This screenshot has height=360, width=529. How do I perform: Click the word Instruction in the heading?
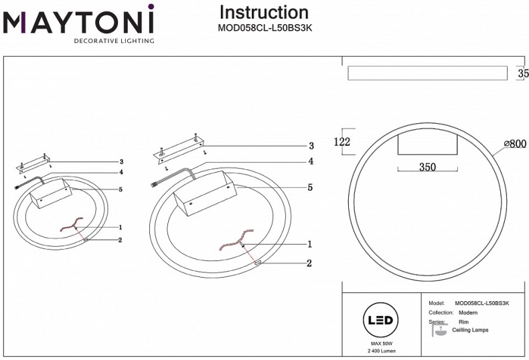tap(264, 12)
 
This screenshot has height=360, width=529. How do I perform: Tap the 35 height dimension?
tap(523, 74)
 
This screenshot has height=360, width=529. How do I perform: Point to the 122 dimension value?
tap(342, 141)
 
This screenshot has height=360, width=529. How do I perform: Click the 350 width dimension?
tap(428, 167)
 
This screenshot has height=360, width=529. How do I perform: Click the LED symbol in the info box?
tap(380, 321)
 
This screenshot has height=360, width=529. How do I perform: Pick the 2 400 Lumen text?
tap(380, 351)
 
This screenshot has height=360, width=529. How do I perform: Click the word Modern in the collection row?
tap(468, 312)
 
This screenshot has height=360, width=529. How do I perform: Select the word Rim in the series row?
tap(463, 322)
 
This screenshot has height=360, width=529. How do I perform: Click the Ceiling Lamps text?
tap(470, 330)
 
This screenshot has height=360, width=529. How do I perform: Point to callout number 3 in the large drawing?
tap(311, 146)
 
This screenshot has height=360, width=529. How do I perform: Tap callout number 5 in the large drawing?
tap(310, 188)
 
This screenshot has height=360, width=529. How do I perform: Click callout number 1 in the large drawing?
tap(309, 244)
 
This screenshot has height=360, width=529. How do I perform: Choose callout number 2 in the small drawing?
tap(119, 240)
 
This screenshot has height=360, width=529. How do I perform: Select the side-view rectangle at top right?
tap(427, 73)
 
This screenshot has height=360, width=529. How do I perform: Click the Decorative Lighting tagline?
tap(114, 41)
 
